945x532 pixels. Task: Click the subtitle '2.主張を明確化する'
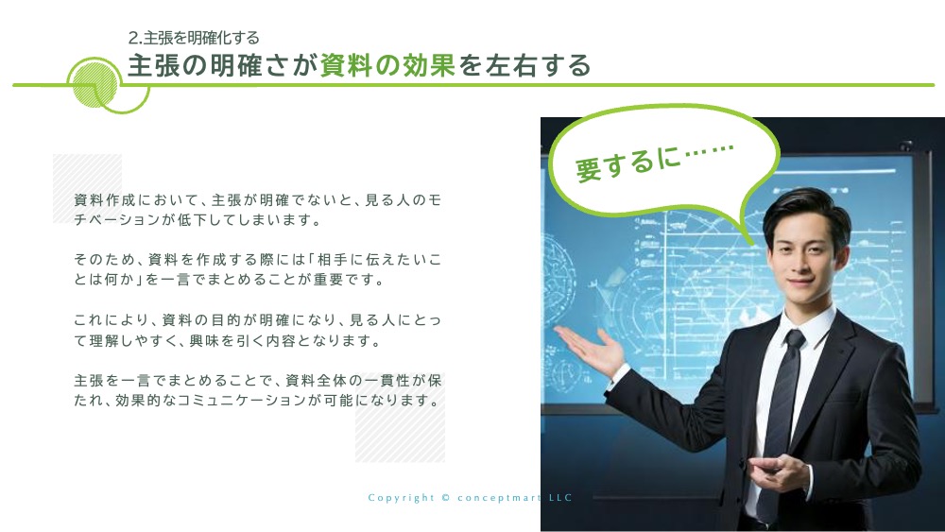point(194,38)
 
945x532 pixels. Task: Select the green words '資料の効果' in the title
point(387,65)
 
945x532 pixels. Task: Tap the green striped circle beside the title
point(94,85)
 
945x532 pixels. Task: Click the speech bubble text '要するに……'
point(655,162)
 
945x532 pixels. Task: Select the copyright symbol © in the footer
point(445,498)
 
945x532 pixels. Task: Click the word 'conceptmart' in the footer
point(499,498)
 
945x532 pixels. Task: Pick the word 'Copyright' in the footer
point(402,498)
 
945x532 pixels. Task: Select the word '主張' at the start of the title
point(153,65)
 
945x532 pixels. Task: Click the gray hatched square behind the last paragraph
point(400,417)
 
